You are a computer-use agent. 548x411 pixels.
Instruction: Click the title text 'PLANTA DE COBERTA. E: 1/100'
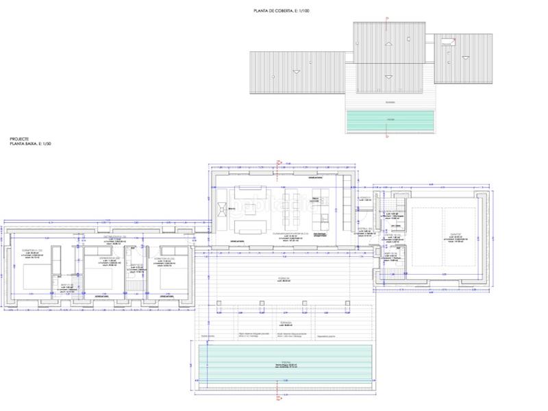point(282,11)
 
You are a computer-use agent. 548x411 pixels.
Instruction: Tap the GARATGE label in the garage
point(446,233)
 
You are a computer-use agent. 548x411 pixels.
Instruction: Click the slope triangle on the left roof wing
point(296,71)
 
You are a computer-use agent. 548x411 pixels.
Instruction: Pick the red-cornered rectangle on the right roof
point(449,41)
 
